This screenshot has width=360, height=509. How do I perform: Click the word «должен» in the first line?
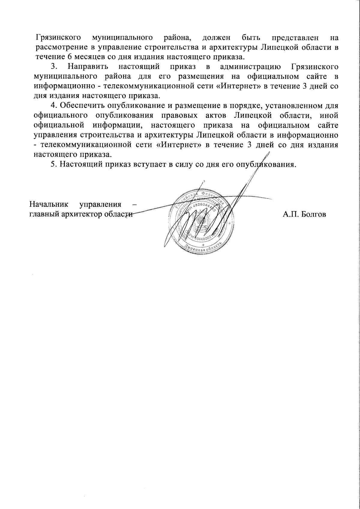click(x=216, y=38)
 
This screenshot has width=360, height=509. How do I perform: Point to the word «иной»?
click(x=329, y=115)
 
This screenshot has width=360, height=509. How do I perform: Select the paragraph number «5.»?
click(x=54, y=165)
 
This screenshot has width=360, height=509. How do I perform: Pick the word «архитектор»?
click(x=77, y=214)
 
